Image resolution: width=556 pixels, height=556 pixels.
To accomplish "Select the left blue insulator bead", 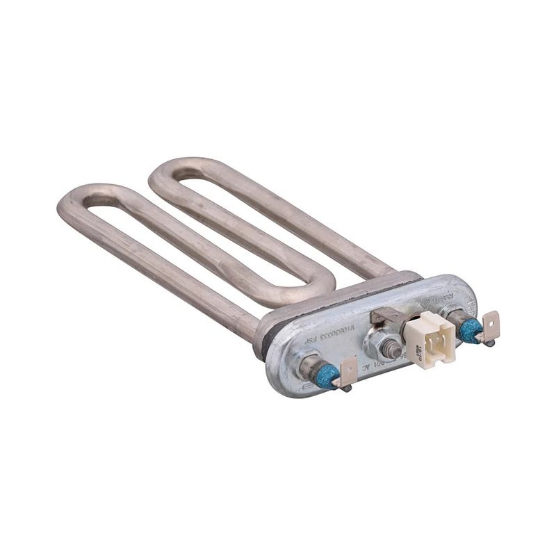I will (x=326, y=375).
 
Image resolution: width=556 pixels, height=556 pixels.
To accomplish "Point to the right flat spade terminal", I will (x=491, y=322).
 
